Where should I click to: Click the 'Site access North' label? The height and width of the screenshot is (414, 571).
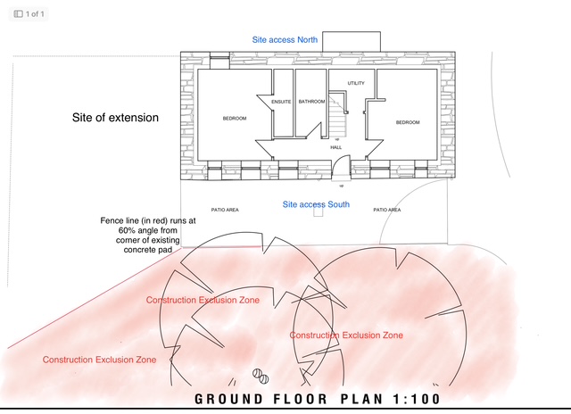(x=284, y=40)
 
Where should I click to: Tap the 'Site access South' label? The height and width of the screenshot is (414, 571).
(x=315, y=205)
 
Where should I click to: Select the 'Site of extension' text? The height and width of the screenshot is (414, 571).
(x=115, y=118)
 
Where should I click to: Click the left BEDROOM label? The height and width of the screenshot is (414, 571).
(x=234, y=119)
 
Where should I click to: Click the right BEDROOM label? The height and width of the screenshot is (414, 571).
(x=408, y=122)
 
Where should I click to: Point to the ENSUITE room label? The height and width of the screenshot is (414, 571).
(x=282, y=102)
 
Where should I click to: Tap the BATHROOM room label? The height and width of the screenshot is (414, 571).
(x=311, y=102)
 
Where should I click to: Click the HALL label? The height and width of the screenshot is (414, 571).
(x=336, y=147)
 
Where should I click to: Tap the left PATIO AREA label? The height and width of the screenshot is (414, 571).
(x=224, y=210)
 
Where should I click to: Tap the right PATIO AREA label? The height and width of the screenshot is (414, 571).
(x=386, y=210)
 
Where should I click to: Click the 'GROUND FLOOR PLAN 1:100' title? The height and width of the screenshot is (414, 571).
(x=316, y=399)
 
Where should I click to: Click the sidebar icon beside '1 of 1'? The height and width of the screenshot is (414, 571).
(x=19, y=14)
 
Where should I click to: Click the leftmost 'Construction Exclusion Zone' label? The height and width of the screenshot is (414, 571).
(x=100, y=360)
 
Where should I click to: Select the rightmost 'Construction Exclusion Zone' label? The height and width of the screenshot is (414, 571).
(x=346, y=335)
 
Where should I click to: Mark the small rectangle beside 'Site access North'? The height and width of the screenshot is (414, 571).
(x=352, y=42)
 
